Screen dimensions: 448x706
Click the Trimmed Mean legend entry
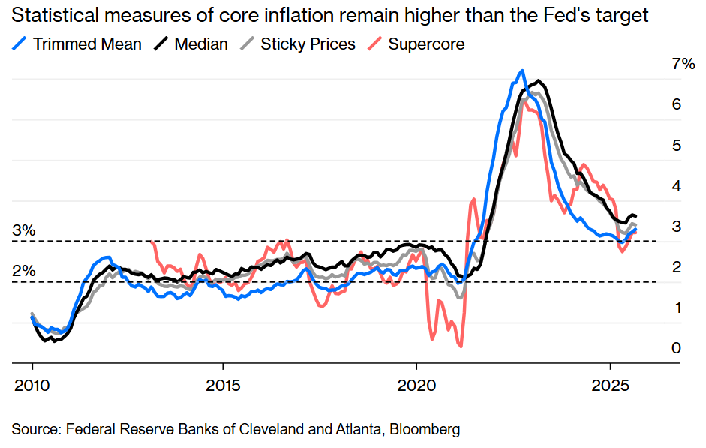87,44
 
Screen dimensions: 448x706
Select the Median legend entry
200,44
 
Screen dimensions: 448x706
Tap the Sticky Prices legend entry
308,44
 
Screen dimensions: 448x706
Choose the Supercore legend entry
426,44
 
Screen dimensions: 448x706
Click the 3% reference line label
24,230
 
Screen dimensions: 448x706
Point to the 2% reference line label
24,271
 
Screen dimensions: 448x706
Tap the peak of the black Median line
538,80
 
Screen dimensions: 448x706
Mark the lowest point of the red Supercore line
460,346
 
